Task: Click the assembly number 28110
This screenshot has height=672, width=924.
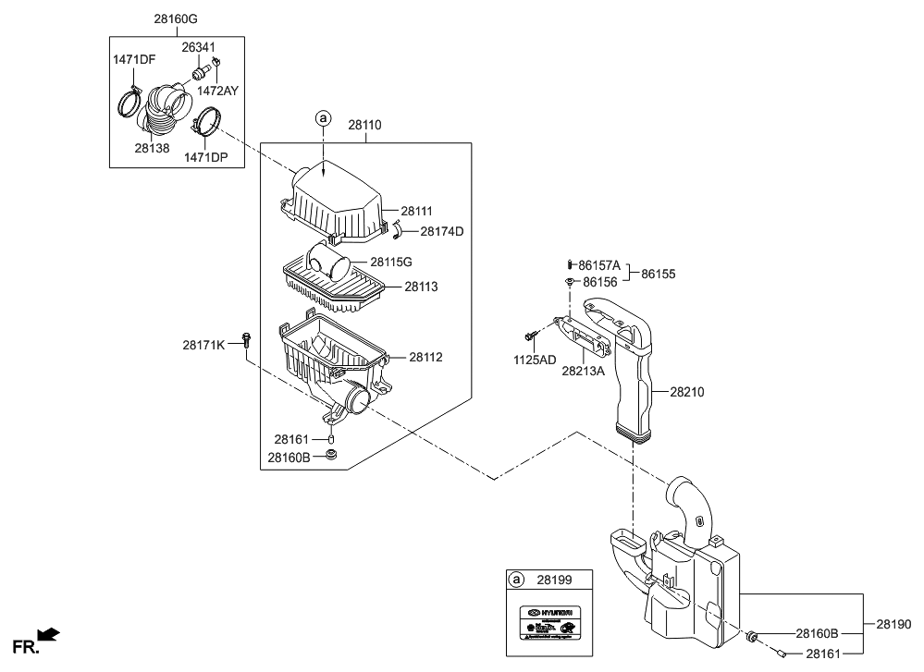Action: (x=363, y=124)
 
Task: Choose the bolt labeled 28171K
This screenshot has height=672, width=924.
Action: (x=246, y=340)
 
